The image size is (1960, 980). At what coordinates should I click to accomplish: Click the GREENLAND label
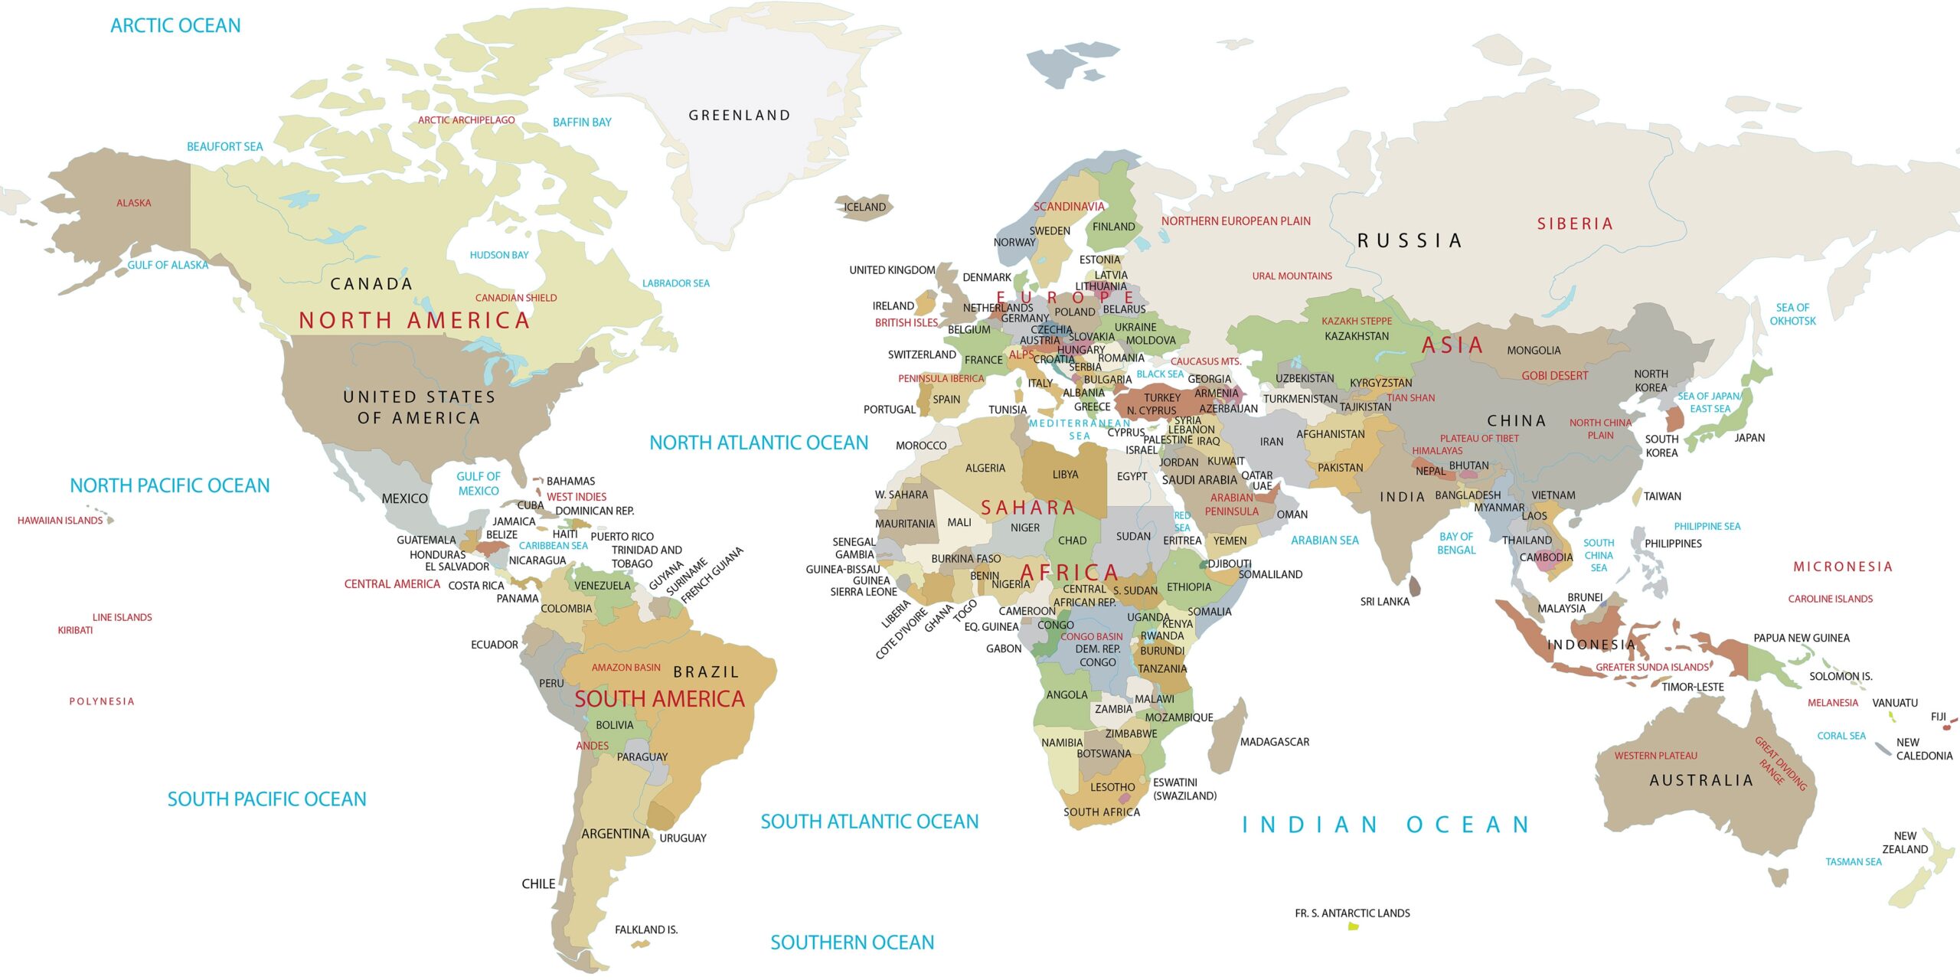click(739, 116)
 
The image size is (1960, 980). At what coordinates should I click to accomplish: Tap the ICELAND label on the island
click(864, 207)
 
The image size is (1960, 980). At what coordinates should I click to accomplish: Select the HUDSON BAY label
click(498, 255)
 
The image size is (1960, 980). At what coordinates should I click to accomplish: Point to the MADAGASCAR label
click(1274, 742)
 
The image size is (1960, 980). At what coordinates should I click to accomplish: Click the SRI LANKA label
click(1384, 602)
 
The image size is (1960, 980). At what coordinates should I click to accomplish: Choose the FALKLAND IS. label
click(645, 929)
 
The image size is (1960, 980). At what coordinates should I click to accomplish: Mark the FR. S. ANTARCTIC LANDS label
click(1352, 913)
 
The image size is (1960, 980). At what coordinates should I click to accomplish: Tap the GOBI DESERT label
click(1554, 376)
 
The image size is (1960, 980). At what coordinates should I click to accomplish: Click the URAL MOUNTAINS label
click(1292, 276)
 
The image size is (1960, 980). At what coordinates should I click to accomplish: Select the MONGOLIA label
click(1534, 351)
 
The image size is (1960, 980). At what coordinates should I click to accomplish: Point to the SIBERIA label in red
click(1575, 224)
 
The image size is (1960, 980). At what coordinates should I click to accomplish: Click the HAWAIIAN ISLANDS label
click(60, 521)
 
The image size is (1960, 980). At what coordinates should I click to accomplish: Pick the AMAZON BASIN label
click(626, 668)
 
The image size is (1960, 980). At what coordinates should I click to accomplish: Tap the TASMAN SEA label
click(1853, 862)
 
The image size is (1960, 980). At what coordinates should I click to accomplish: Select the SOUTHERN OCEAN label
click(851, 942)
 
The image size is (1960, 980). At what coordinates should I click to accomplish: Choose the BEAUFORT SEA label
click(224, 146)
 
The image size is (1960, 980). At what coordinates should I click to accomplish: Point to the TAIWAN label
click(1662, 496)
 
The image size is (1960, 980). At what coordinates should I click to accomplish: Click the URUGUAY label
click(682, 838)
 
